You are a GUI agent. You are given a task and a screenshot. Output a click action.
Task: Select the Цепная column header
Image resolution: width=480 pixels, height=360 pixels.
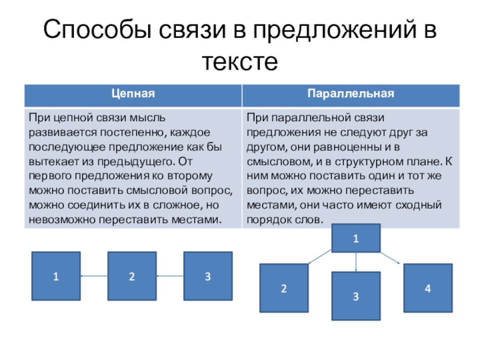point(133,94)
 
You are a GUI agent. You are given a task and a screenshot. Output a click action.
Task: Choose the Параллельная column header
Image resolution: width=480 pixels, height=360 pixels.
point(350,94)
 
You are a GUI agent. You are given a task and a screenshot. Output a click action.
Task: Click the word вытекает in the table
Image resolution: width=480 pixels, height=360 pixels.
point(49,161)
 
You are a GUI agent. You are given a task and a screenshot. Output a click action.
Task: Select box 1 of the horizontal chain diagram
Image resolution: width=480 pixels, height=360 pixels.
point(56,276)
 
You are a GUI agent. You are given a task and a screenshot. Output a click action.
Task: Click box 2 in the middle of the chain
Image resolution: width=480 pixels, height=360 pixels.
point(131,276)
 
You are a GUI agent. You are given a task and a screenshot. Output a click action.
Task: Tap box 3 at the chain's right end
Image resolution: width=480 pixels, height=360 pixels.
point(208,276)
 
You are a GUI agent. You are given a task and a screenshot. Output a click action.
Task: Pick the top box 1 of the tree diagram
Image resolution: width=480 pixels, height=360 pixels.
point(356,238)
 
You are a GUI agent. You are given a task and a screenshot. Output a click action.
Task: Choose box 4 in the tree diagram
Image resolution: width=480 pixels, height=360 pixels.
point(428,288)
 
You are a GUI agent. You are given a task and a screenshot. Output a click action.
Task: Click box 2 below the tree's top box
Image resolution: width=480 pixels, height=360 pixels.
point(284,288)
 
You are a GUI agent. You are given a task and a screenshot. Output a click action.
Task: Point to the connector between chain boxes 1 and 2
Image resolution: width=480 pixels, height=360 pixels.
point(94,276)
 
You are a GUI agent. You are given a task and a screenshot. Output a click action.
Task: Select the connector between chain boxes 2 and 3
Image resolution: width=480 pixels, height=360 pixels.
point(170,276)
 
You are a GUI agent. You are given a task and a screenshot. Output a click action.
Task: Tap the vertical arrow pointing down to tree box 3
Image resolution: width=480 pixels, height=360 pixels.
point(356,262)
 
